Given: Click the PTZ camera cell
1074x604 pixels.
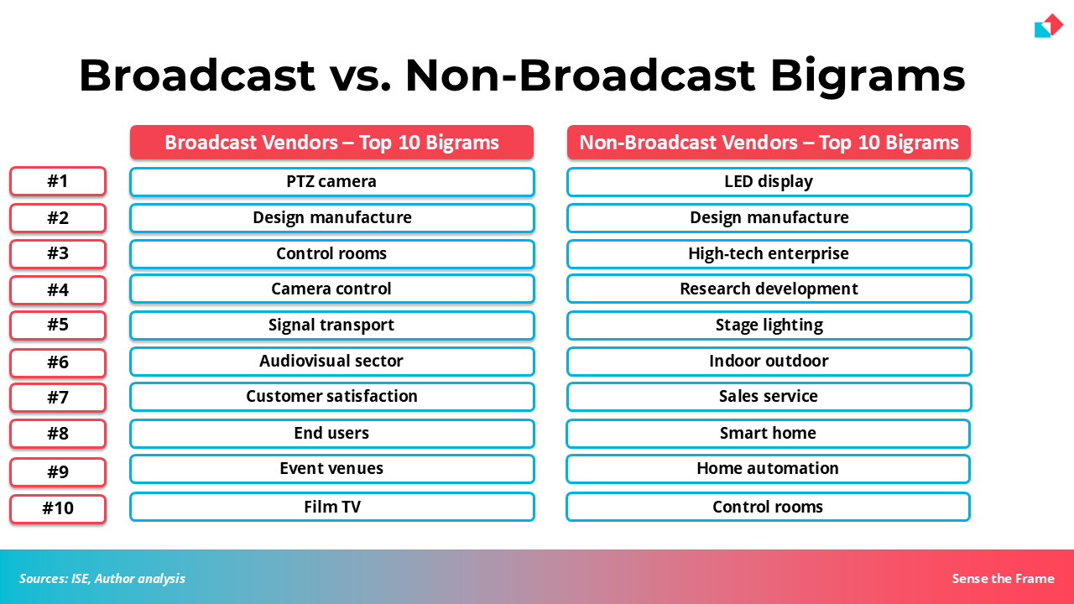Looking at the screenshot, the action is tap(331, 182).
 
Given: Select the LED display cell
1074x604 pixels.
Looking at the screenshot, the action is tap(769, 182).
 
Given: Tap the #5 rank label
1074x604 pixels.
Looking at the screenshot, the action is tap(58, 325).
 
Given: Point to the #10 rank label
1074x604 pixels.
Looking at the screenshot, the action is tap(58, 508).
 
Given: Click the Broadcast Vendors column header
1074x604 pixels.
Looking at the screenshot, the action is tap(331, 143).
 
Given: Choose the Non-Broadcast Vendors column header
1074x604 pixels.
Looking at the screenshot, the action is tap(769, 143).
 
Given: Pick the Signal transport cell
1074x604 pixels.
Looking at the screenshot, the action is tap(331, 325).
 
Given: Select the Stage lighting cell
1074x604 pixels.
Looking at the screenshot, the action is tap(769, 325).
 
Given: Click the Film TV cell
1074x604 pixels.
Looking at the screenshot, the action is tap(331, 507).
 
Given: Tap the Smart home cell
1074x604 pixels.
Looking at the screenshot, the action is tap(768, 434).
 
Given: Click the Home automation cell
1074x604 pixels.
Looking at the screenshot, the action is tap(768, 468).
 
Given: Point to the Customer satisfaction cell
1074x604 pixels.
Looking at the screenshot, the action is tap(331, 397).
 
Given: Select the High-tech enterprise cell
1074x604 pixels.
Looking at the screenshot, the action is tap(769, 253).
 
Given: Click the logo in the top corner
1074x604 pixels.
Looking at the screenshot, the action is tap(1049, 26).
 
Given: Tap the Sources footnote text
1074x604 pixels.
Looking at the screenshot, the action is tap(102, 579).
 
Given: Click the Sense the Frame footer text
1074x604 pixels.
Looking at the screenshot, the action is tap(1003, 579).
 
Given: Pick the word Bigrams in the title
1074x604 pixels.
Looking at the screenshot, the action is tap(868, 76).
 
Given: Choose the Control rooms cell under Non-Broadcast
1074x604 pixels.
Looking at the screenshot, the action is tap(768, 507).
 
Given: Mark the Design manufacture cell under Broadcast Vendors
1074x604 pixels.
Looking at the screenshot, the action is tap(331, 217).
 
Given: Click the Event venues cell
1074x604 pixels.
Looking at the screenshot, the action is tap(331, 468).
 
